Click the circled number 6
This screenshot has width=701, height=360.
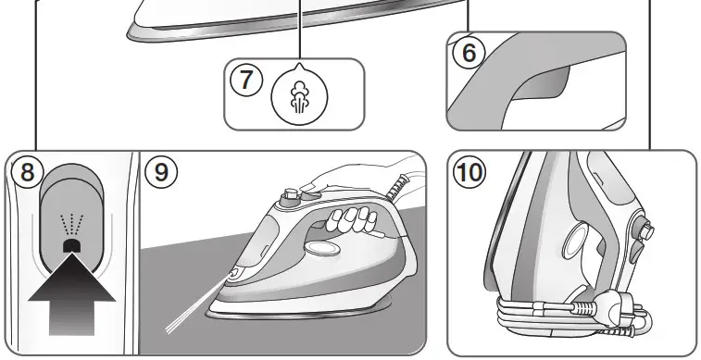pos(469,52)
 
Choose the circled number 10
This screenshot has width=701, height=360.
pos(468,173)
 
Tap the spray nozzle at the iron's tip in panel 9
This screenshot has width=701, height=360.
pos(234,274)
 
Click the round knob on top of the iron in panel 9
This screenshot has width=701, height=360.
pos(292,195)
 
